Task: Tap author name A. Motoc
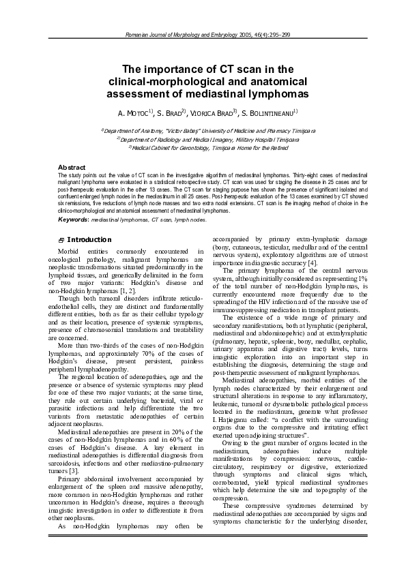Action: point(133,112)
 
